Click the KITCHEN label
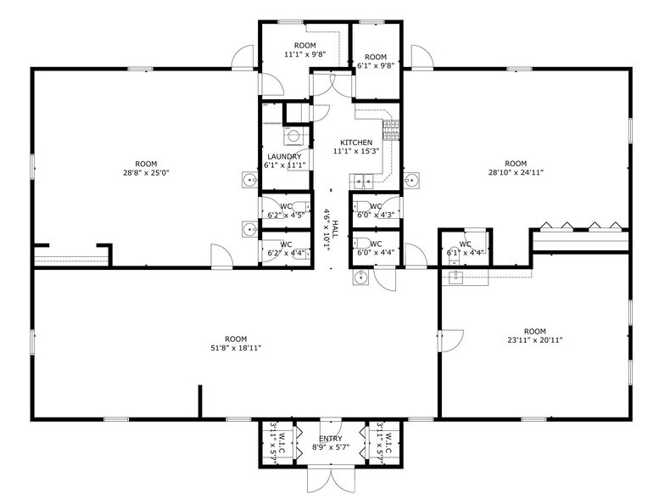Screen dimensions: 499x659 (356, 142)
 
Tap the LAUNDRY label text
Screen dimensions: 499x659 (283, 157)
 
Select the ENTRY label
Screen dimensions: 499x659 (331, 438)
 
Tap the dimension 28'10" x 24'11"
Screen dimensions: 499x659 (516, 172)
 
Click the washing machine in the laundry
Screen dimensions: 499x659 (293, 135)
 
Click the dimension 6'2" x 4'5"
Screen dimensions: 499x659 (284, 216)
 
